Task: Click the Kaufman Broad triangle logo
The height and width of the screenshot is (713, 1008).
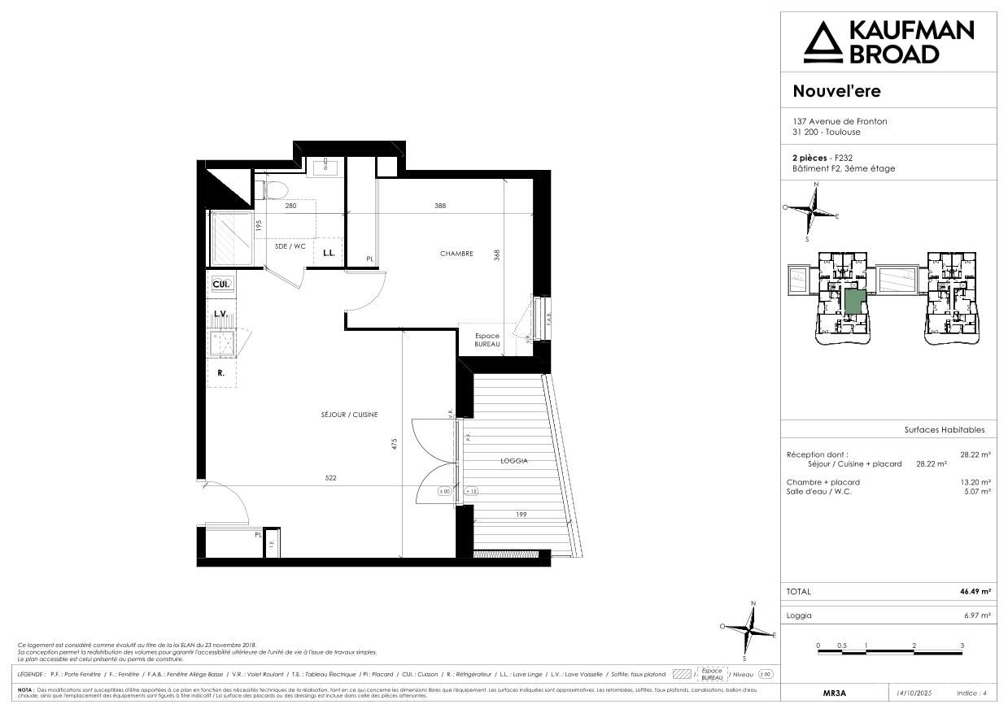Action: (x=823, y=42)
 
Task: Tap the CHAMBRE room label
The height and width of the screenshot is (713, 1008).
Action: (x=456, y=254)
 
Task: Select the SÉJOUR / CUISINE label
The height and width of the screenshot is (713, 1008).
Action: (x=349, y=415)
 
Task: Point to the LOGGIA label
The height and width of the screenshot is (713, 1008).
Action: (x=514, y=461)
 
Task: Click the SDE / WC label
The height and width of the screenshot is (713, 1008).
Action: (x=290, y=246)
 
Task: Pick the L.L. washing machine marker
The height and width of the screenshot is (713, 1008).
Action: (x=329, y=253)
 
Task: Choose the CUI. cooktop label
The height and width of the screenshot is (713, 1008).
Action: (x=220, y=284)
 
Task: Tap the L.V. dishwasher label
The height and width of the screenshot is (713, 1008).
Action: (x=220, y=313)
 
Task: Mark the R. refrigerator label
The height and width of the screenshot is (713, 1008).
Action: (x=220, y=373)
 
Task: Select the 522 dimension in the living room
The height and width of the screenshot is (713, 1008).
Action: (x=330, y=478)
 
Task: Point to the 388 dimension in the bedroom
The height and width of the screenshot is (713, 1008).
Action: (x=440, y=206)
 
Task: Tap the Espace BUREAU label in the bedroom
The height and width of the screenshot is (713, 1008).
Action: (x=487, y=341)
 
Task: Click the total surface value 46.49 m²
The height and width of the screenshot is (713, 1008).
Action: (x=975, y=592)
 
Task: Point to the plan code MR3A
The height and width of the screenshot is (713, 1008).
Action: (x=835, y=693)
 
